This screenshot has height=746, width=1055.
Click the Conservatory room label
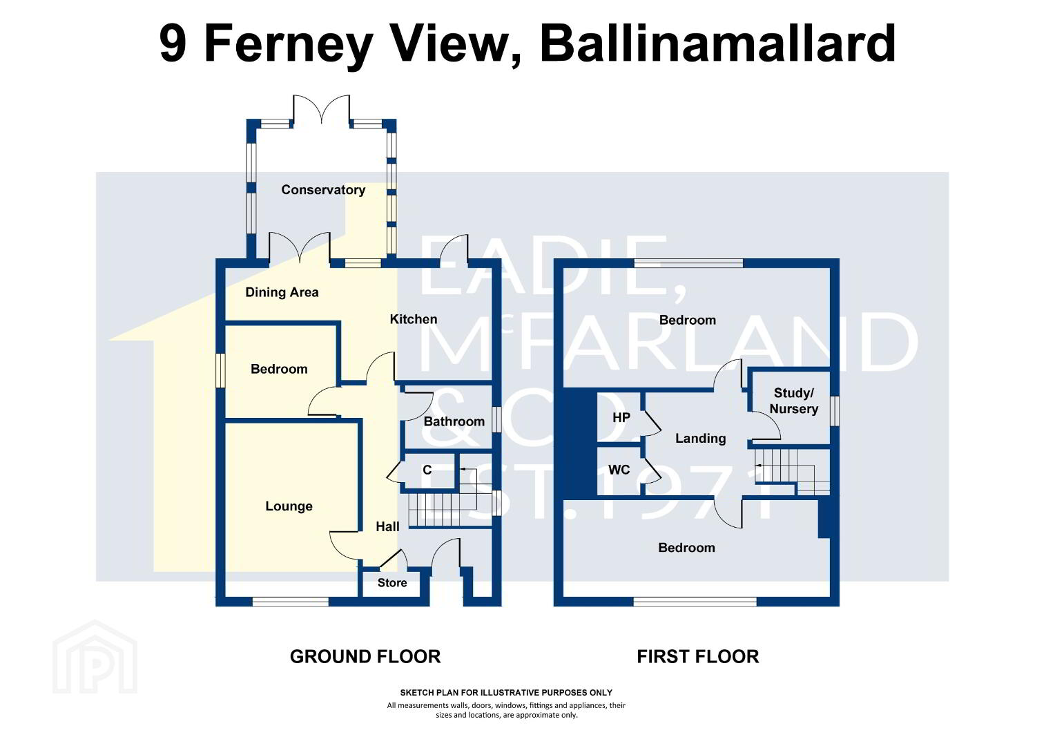[x=323, y=190]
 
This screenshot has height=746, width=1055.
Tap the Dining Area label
[x=282, y=293]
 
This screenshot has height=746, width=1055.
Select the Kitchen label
[x=414, y=320]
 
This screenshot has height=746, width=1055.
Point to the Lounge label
[x=289, y=506]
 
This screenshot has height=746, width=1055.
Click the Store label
[x=392, y=583]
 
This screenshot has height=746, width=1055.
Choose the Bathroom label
[x=454, y=422]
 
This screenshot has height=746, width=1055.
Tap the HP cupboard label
[x=621, y=417]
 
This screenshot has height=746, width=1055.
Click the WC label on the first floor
[x=619, y=470]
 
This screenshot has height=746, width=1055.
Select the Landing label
[x=700, y=439]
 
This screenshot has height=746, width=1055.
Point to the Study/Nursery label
[x=793, y=401]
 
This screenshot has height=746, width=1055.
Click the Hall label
[x=387, y=527]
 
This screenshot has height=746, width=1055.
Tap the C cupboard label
[x=427, y=470]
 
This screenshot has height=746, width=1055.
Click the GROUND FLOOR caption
[x=365, y=656]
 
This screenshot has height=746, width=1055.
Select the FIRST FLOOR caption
[x=697, y=656]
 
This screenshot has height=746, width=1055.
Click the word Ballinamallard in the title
[x=717, y=44]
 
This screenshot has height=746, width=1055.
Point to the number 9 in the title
[x=173, y=44]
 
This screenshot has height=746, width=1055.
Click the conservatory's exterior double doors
[x=322, y=109]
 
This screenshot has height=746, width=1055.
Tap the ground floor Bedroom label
[x=279, y=369]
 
